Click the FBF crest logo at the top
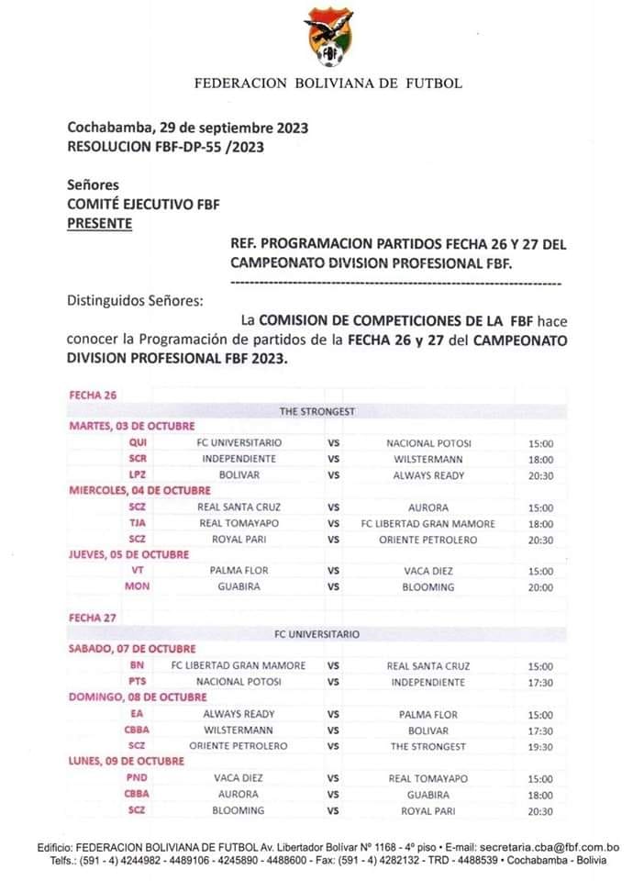(328, 38)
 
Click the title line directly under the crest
(328, 84)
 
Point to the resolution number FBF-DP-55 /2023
(188, 146)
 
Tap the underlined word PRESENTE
(99, 222)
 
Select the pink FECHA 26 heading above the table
(93, 395)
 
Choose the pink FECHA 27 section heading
(93, 618)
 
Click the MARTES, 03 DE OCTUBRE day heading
(133, 426)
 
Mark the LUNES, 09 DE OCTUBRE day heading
(127, 761)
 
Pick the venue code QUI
(138, 442)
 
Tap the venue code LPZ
(138, 475)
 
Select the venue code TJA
(138, 523)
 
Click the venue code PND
(138, 777)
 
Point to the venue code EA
(138, 714)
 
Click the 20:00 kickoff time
(540, 586)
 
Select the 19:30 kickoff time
(540, 746)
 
